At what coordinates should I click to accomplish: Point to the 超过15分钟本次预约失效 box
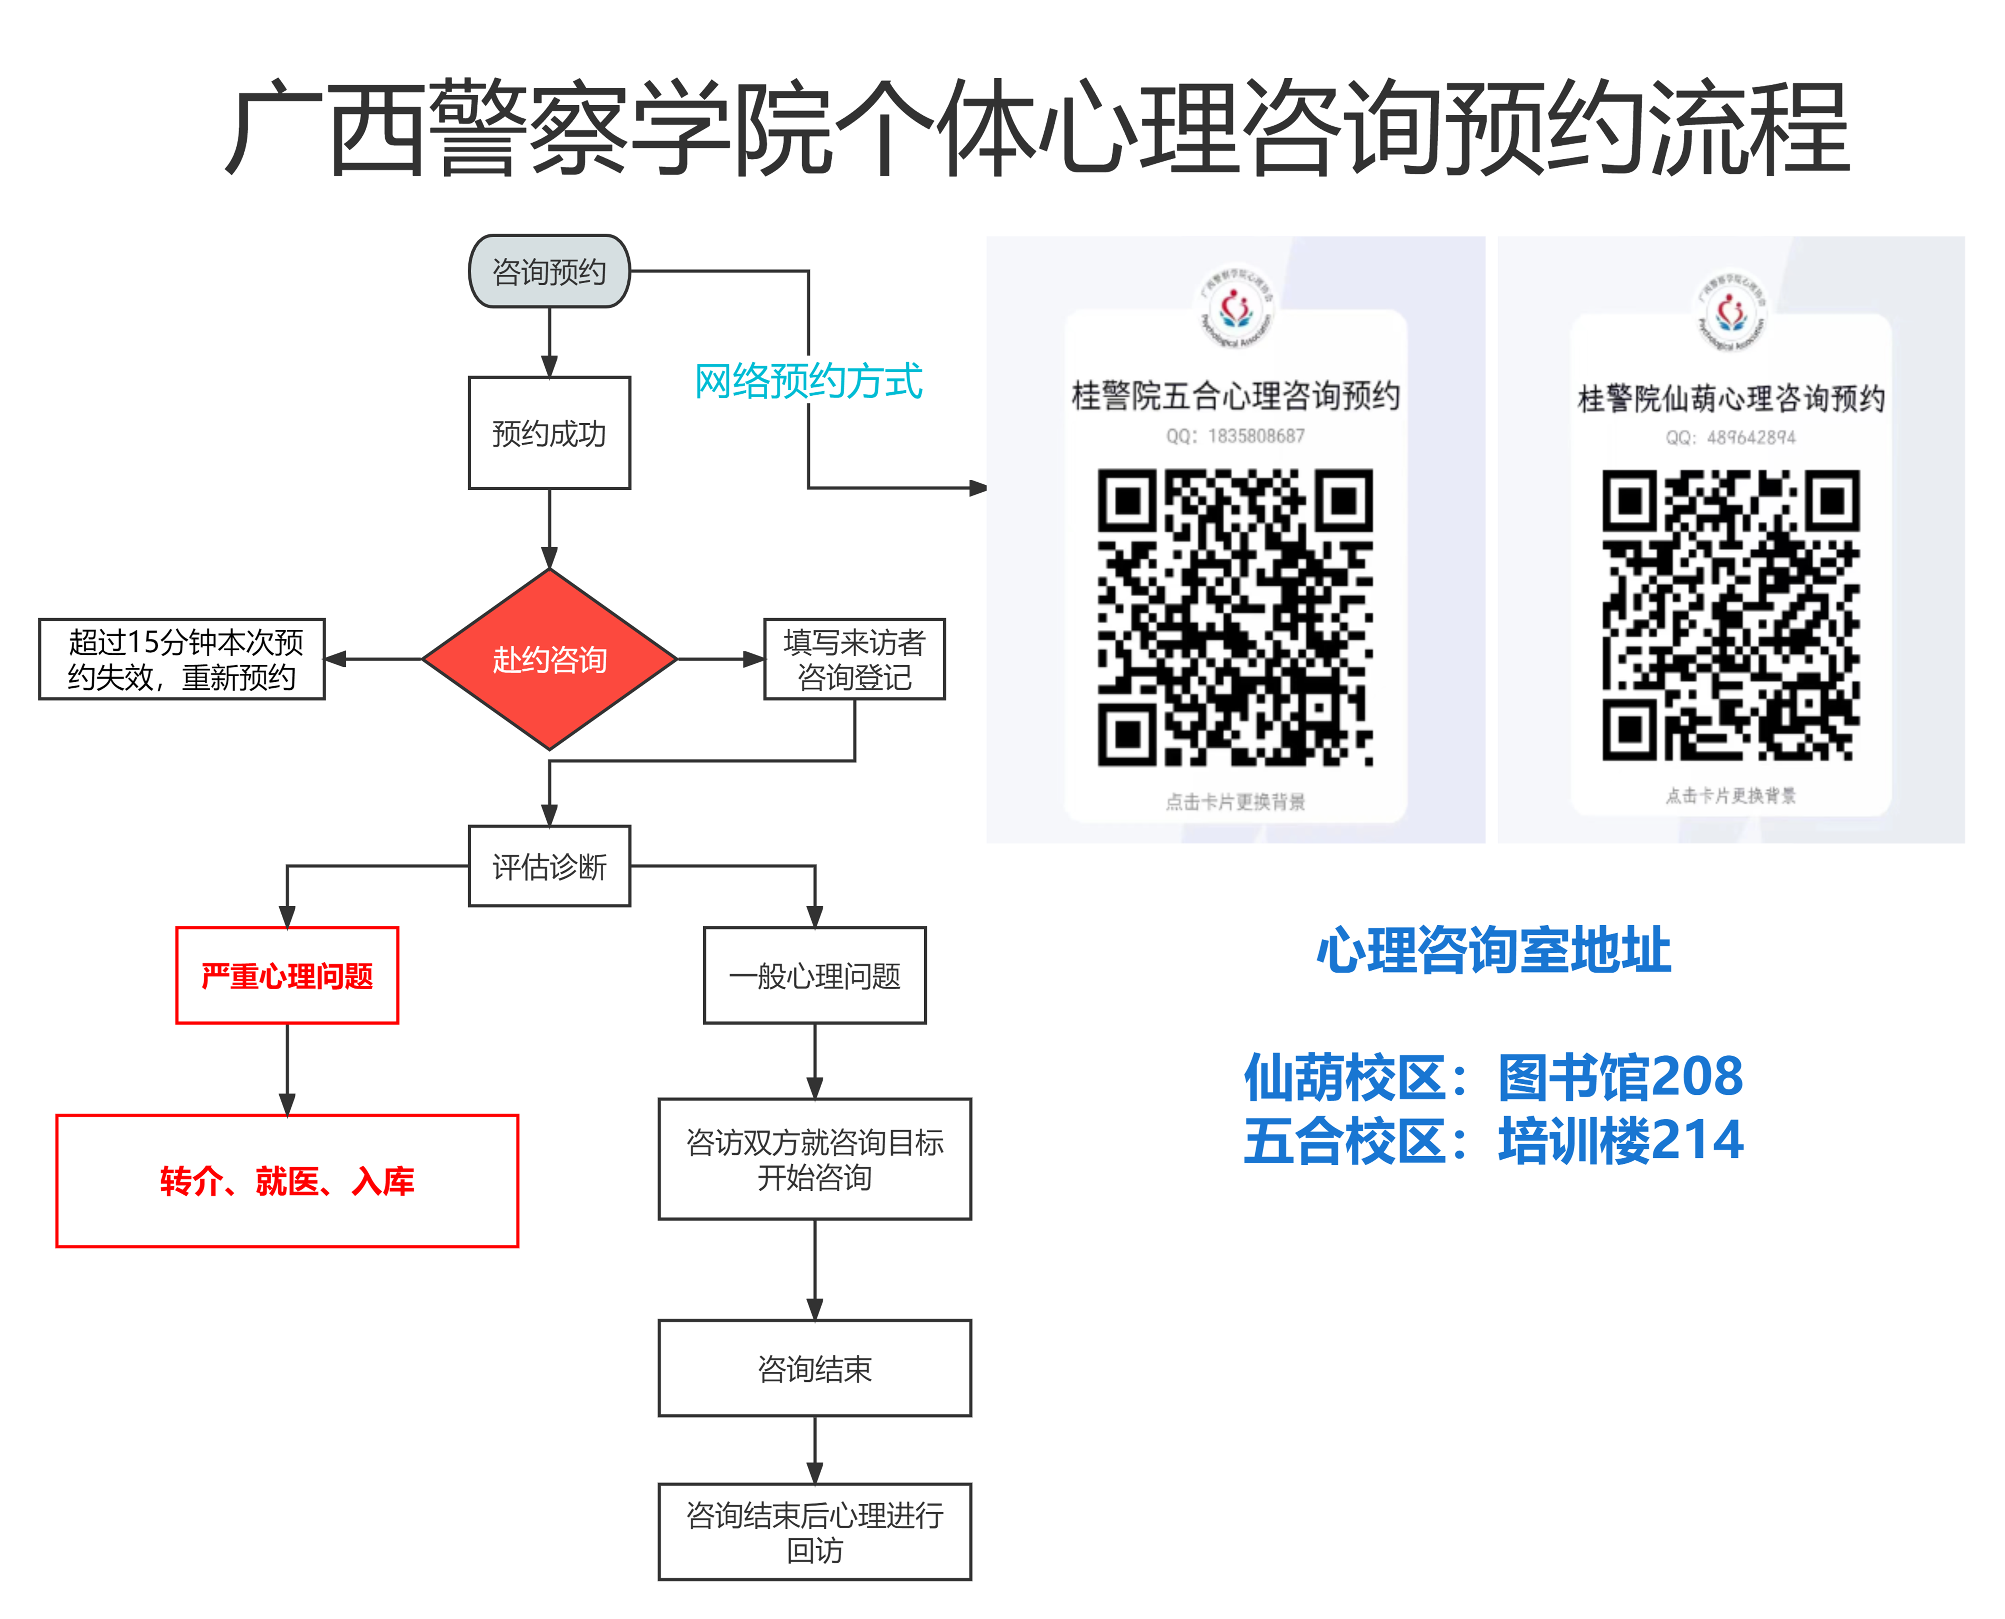coord(182,660)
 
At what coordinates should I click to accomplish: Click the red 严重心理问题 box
coord(287,975)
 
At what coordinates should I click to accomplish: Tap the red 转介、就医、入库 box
coord(287,1181)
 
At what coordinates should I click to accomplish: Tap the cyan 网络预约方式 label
coord(809,381)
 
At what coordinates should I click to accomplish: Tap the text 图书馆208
coord(1620,1076)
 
